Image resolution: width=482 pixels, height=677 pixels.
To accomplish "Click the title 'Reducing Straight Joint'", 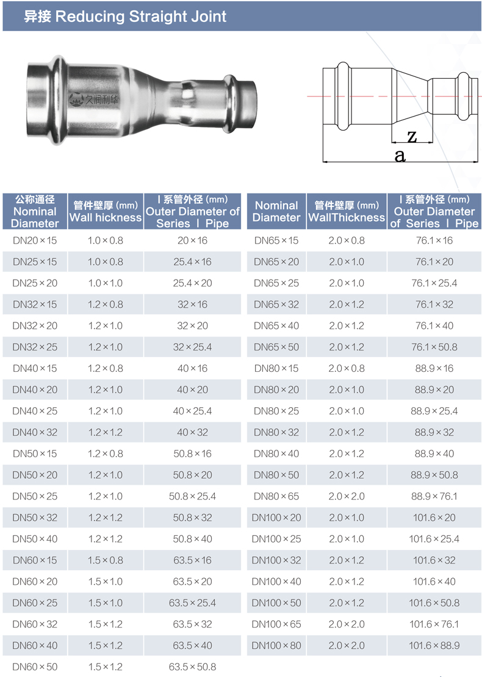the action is click(x=141, y=16).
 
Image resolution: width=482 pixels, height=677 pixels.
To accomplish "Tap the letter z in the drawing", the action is click(x=412, y=136).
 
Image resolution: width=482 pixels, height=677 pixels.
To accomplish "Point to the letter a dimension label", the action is click(x=400, y=156).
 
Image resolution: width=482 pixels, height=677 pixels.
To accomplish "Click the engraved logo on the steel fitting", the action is click(x=93, y=100).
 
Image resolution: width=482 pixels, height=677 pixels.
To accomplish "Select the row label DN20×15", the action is click(x=35, y=241).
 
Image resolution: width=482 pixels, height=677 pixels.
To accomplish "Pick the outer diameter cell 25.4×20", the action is click(x=192, y=283).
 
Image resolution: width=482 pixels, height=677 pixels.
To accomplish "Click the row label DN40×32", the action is click(x=35, y=432).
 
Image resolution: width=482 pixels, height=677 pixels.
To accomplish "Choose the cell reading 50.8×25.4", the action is click(x=192, y=496).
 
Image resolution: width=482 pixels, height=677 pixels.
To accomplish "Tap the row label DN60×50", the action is click(x=35, y=667).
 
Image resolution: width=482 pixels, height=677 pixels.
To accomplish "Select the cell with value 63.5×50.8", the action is click(x=192, y=667).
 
